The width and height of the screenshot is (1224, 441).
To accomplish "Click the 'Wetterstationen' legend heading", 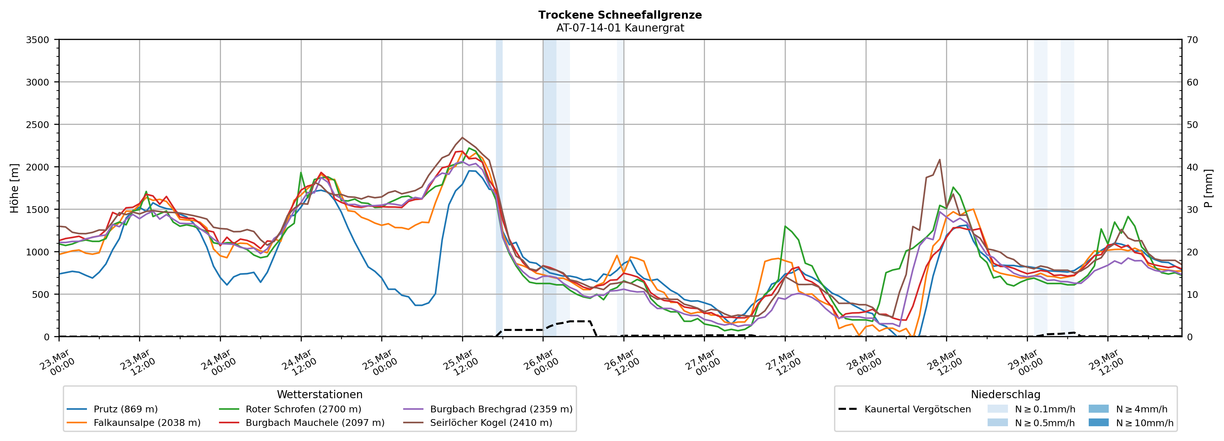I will tap(319, 394).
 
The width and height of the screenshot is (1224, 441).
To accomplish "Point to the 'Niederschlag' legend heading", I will tap(1005, 394).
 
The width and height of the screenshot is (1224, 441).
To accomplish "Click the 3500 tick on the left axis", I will tap(38, 40).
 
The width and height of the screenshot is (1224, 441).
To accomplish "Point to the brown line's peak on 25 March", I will tap(462, 138).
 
